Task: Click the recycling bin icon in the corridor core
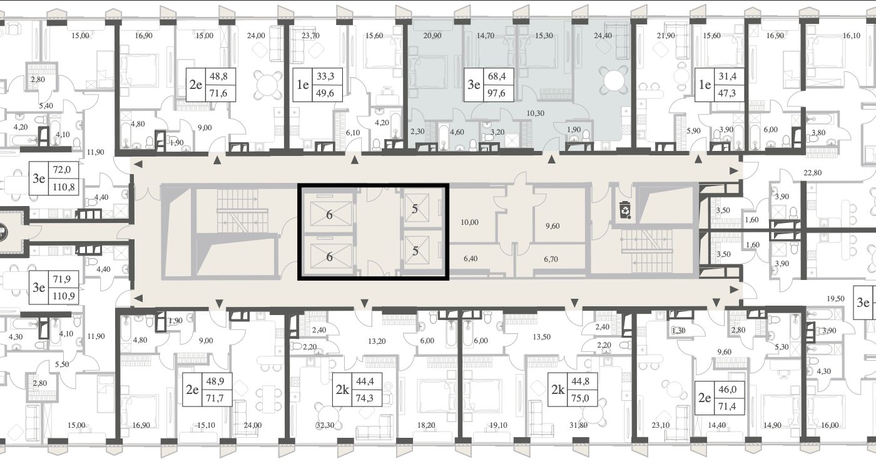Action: click(x=624, y=209)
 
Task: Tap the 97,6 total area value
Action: click(x=497, y=93)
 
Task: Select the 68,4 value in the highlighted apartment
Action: click(x=497, y=76)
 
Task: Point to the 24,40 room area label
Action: click(x=603, y=36)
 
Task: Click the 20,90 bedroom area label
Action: click(x=432, y=36)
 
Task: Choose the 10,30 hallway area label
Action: click(x=535, y=113)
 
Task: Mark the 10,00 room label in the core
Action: click(x=469, y=222)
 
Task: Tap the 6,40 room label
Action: click(x=471, y=259)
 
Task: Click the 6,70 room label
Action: click(x=551, y=259)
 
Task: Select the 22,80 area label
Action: click(x=812, y=173)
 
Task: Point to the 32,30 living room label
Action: click(x=325, y=425)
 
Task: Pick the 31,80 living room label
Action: click(x=578, y=425)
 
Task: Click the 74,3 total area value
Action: click(x=364, y=398)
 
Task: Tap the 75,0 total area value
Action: click(x=581, y=398)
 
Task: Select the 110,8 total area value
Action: click(x=63, y=187)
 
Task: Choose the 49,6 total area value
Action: click(x=325, y=93)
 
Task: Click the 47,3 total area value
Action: click(x=727, y=93)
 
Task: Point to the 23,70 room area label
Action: click(x=310, y=36)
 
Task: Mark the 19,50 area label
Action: click(x=835, y=299)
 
